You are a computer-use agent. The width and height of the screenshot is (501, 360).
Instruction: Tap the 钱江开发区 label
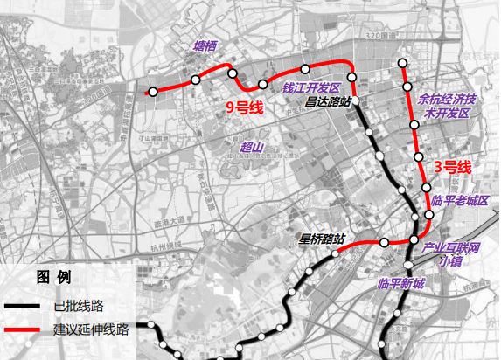[310, 88]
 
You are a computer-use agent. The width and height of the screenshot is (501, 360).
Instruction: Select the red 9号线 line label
[245, 107]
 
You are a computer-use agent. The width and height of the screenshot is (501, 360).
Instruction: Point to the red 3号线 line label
[452, 167]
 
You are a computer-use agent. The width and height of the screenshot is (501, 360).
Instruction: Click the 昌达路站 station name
[328, 101]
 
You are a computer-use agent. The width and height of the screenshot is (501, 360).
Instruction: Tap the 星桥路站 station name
[323, 238]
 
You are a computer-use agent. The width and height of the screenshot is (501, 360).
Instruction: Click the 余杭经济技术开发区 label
[447, 107]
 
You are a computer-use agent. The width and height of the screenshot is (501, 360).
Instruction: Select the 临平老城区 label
[460, 200]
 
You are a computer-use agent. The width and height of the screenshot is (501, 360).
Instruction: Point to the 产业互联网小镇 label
[451, 254]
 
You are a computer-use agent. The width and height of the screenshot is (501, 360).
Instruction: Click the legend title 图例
[53, 278]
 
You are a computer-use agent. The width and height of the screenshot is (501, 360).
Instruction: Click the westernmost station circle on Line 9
[153, 91]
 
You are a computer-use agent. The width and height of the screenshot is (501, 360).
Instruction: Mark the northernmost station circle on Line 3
[403, 63]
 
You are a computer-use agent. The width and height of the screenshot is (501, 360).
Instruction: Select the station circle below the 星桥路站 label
[337, 254]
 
